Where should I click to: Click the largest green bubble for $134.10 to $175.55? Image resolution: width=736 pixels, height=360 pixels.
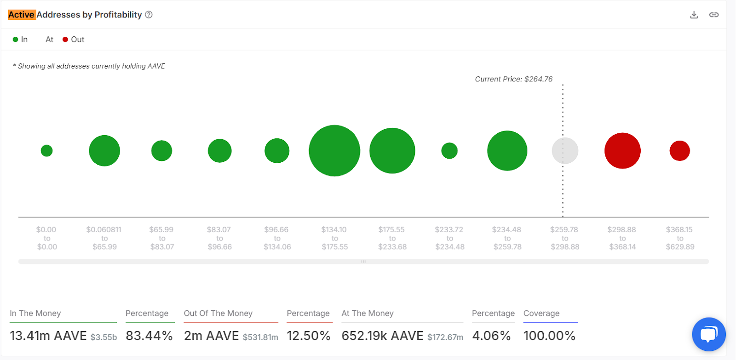tap(334, 151)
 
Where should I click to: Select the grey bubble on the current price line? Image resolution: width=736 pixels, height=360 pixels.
tap(565, 151)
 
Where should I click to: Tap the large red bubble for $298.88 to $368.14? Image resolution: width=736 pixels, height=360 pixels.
tap(622, 151)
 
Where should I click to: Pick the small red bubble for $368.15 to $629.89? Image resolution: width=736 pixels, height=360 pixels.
tap(679, 151)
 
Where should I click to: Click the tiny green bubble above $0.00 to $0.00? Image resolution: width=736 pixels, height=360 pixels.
tap(46, 151)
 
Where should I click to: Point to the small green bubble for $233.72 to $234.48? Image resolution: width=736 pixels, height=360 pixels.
tap(449, 151)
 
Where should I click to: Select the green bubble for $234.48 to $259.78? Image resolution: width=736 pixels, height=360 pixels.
tap(507, 151)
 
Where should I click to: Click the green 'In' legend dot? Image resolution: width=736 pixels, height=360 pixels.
tap(15, 40)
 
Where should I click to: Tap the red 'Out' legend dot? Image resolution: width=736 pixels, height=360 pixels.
tap(65, 40)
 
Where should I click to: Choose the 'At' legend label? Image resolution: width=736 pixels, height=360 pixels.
tap(49, 40)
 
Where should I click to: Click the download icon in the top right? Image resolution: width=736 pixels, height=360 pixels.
tap(694, 15)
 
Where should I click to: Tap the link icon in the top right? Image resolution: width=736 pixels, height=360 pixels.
tap(714, 15)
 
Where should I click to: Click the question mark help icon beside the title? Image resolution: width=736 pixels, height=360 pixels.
tap(149, 15)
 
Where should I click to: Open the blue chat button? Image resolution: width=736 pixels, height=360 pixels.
tap(708, 334)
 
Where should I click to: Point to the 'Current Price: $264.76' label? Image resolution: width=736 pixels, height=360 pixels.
tap(513, 79)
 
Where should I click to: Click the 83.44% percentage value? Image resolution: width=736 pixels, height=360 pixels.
tap(149, 336)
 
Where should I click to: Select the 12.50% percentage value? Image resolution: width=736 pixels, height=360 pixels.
tap(308, 336)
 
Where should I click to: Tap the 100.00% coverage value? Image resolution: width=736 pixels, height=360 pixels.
tap(549, 336)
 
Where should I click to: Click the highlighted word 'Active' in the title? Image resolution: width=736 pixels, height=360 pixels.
tap(22, 15)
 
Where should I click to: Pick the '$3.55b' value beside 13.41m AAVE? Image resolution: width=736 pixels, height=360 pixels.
tap(103, 337)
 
